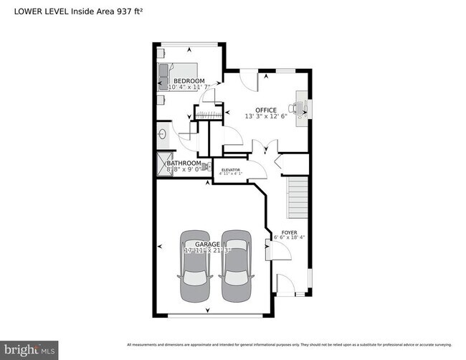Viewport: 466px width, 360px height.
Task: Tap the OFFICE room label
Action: coord(266,110)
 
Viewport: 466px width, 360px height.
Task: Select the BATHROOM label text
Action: coord(184,163)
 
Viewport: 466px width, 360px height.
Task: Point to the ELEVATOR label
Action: coord(230,170)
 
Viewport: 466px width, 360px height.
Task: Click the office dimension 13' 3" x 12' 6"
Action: coord(266,116)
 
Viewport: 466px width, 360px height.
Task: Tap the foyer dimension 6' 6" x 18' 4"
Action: coord(289,237)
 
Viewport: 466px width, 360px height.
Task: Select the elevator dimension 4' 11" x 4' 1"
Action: coord(230,174)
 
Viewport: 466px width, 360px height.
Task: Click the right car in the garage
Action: coord(237,267)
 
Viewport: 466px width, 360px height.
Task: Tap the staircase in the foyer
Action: coord(298,199)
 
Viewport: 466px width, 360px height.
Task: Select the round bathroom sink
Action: coord(161,133)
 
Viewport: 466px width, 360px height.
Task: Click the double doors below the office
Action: coord(265,148)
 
